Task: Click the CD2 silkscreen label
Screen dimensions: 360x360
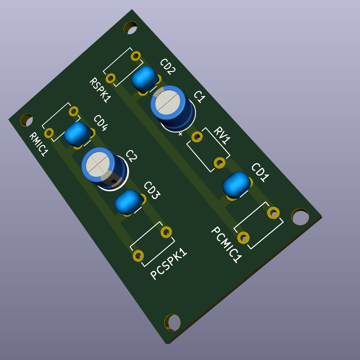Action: tap(168, 66)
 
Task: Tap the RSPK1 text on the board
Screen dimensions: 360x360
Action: tap(100, 90)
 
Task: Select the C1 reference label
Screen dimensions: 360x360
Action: tap(199, 96)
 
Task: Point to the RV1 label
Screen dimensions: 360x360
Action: tap(222, 135)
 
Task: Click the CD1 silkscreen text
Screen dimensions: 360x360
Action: tap(260, 172)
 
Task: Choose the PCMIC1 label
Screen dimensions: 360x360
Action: tap(226, 244)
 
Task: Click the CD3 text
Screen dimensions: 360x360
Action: tap(152, 190)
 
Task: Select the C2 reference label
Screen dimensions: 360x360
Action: tap(131, 156)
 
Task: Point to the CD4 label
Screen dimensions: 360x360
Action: tap(101, 123)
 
